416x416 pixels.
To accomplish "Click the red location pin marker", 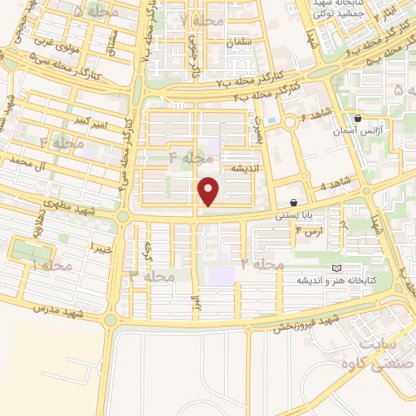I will [210, 190].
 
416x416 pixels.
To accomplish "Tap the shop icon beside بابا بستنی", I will [292, 202].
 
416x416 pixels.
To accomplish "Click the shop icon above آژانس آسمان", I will [358, 118].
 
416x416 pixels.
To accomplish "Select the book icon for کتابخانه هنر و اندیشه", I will [336, 268].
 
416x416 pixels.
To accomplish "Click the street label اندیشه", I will [246, 168].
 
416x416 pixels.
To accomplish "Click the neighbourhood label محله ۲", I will [262, 264].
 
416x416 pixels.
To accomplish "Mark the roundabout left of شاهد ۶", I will [292, 123].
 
